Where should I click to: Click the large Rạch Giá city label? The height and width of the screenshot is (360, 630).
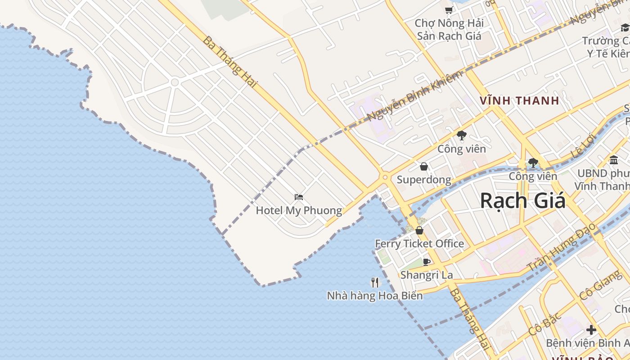tap(522, 201)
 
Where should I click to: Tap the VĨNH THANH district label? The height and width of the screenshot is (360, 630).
tap(519, 101)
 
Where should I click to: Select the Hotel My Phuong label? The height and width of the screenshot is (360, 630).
tap(299, 211)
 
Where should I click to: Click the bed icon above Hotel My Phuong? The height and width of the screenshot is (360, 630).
tap(299, 197)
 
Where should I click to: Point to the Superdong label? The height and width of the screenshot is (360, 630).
tap(423, 180)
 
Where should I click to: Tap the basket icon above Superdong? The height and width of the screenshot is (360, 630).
tap(424, 167)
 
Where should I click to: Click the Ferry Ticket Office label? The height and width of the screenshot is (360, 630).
tap(419, 244)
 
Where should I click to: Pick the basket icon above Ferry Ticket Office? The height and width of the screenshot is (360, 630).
tap(419, 231)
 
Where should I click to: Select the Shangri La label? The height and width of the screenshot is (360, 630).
tap(426, 275)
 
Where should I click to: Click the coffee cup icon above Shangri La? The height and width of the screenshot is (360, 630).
tap(427, 262)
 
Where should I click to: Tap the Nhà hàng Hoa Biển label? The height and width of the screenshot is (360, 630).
tap(374, 296)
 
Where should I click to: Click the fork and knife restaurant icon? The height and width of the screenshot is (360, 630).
tap(375, 283)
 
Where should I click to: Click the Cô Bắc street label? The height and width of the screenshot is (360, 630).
tap(545, 324)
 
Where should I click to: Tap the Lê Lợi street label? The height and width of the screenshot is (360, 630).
tap(583, 145)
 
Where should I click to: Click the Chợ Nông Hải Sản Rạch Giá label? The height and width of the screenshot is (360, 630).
tap(449, 29)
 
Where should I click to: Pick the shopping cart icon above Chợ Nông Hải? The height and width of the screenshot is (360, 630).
tap(449, 10)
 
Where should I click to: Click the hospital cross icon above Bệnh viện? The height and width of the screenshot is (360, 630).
tap(591, 330)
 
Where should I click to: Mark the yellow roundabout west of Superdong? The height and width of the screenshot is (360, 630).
tap(385, 178)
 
